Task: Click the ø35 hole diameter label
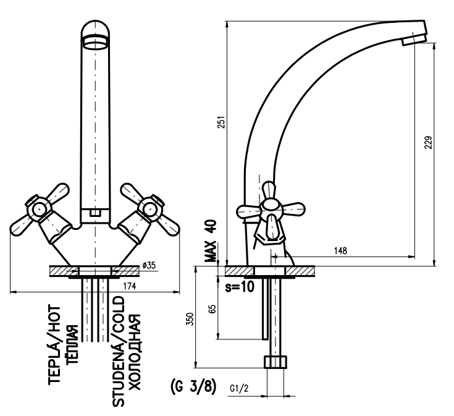[149, 265]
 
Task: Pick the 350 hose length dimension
[190, 319]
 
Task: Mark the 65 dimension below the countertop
[212, 310]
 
